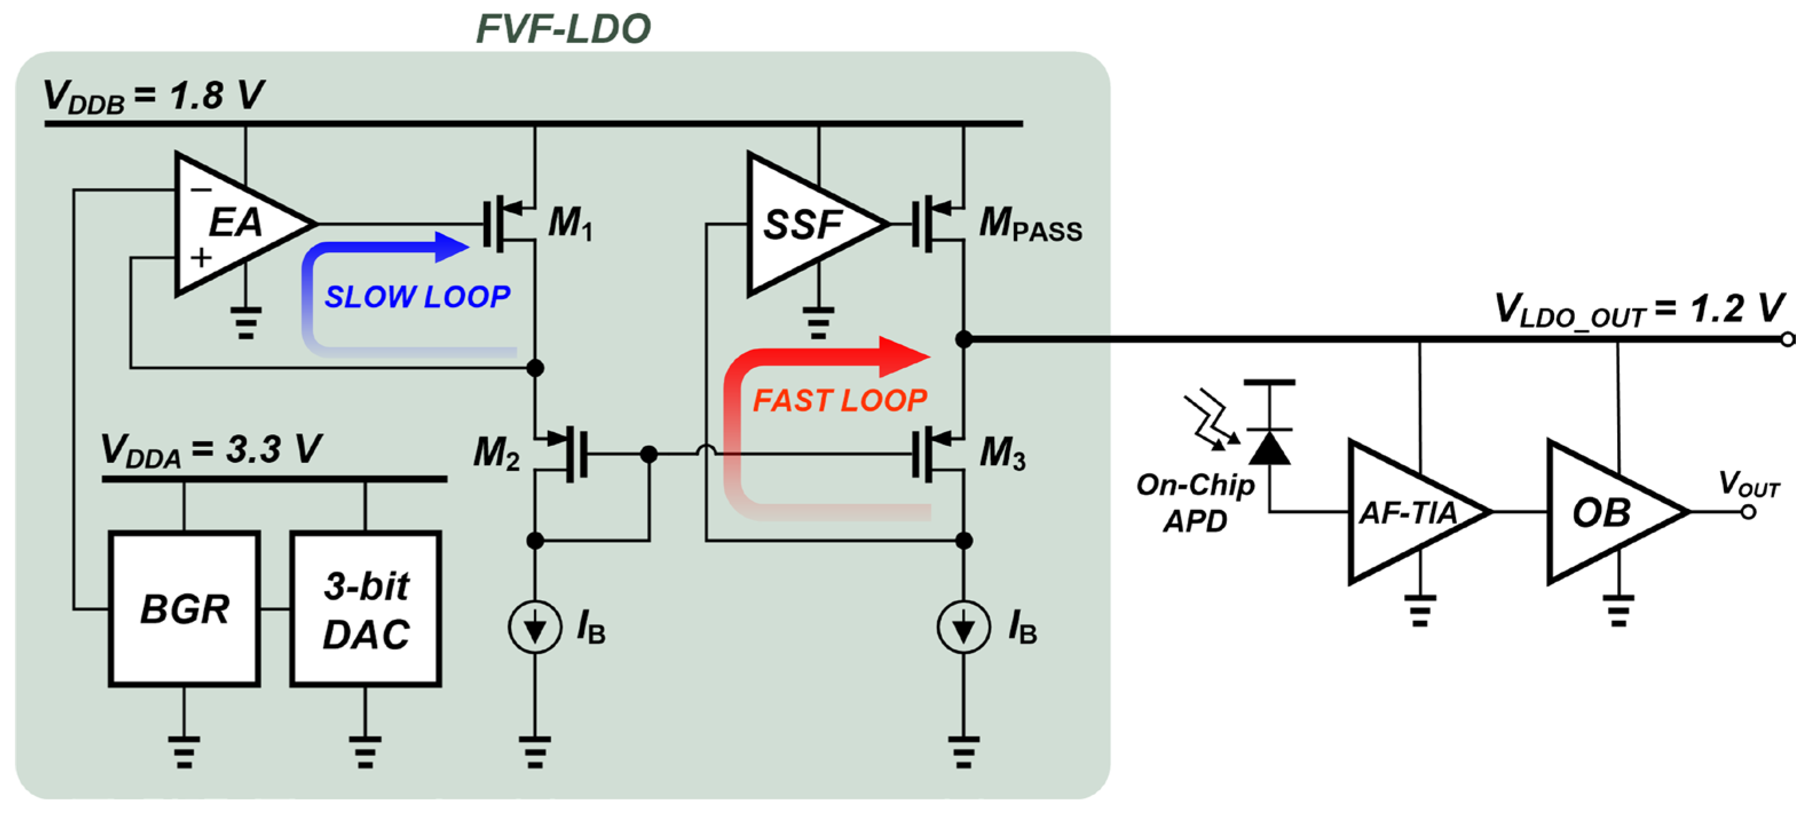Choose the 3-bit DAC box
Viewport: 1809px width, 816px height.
366,609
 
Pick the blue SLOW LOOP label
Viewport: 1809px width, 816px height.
417,297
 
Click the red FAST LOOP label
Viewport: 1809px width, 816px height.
840,401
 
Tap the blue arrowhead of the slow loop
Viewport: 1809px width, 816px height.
452,247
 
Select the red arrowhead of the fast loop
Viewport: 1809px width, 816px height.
905,356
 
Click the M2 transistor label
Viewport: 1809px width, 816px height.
496,453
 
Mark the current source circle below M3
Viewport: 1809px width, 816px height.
964,627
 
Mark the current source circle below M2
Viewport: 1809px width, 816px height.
535,627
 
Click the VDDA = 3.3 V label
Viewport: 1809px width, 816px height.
211,450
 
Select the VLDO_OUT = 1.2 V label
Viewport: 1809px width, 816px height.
1639,309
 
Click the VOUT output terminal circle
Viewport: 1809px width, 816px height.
1748,512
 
